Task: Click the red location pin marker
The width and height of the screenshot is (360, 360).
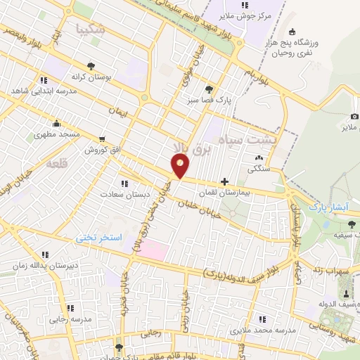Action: [x=181, y=167]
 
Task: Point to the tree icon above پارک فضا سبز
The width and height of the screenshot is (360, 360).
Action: [x=210, y=89]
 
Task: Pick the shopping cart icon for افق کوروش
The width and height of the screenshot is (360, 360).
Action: [x=103, y=139]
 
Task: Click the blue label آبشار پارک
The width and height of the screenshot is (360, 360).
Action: [x=329, y=208]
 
